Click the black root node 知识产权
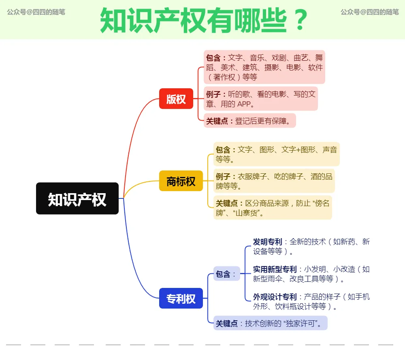pyautogui.click(x=77, y=198)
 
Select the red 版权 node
pyautogui.click(x=176, y=98)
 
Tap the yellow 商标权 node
pyautogui.click(x=181, y=181)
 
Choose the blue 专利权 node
pyautogui.click(x=181, y=298)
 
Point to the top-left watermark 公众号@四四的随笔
pyautogui.click(x=36, y=12)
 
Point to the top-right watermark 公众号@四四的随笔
pyautogui.click(x=369, y=12)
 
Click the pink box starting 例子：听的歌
pyautogui.click(x=261, y=98)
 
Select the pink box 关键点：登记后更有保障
pyautogui.click(x=249, y=121)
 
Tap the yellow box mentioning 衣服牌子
pyautogui.click(x=274, y=181)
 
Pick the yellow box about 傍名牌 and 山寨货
pyautogui.click(x=272, y=208)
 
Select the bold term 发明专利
pyautogui.click(x=267, y=242)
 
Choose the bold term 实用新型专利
pyautogui.click(x=275, y=269)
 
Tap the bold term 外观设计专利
pyautogui.click(x=275, y=297)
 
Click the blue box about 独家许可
pyautogui.click(x=270, y=323)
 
